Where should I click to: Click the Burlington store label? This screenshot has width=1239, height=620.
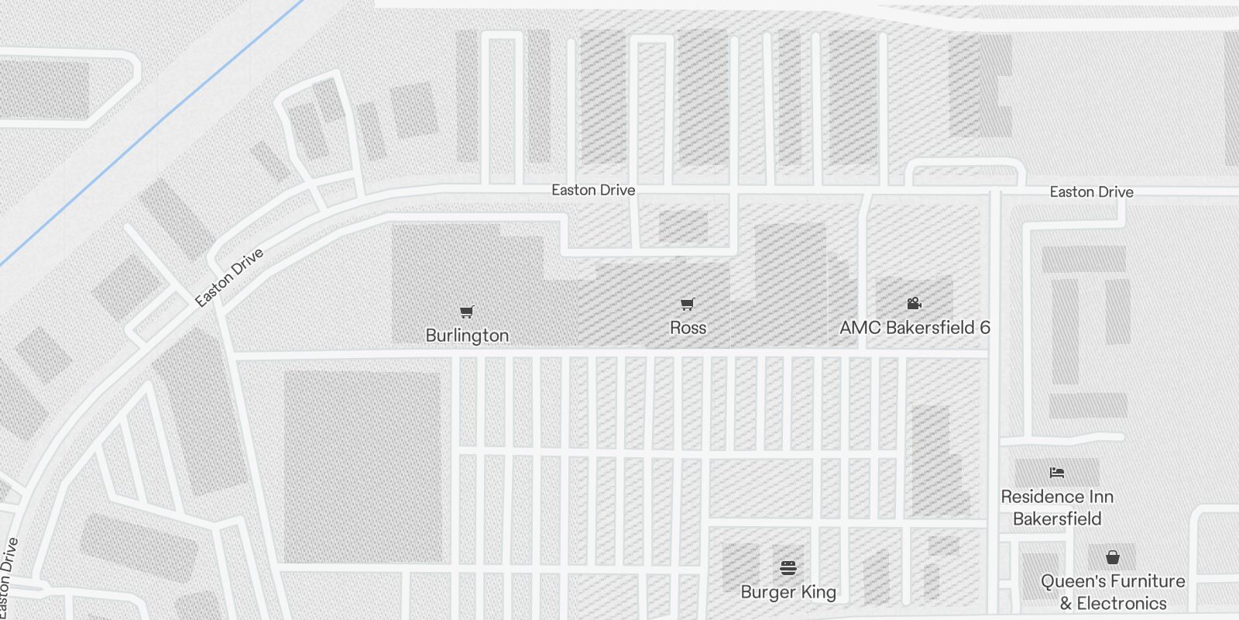click(x=467, y=336)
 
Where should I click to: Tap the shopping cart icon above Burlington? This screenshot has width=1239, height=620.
click(x=466, y=312)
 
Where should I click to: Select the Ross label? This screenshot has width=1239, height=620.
click(x=688, y=328)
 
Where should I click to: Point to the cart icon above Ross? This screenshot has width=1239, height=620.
click(x=687, y=304)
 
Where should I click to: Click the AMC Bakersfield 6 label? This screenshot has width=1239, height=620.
click(x=915, y=328)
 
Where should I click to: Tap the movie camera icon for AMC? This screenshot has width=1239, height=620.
click(x=914, y=303)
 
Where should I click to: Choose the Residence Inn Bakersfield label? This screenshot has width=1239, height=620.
click(x=1057, y=508)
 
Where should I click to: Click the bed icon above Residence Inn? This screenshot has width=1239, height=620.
click(x=1057, y=472)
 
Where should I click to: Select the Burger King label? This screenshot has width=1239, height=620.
click(x=788, y=592)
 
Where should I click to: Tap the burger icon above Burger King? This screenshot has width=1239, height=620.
click(x=788, y=568)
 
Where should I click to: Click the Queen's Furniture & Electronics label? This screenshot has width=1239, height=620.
click(x=1113, y=592)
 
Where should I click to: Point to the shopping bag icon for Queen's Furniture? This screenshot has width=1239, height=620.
click(x=1113, y=557)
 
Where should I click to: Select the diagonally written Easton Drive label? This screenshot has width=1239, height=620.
click(x=228, y=277)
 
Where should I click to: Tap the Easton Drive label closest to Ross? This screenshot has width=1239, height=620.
click(x=593, y=190)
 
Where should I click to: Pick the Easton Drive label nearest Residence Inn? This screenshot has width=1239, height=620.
click(x=1091, y=192)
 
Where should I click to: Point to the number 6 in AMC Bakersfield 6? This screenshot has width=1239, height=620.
click(x=984, y=328)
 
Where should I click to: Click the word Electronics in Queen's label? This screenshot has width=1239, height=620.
click(x=1121, y=604)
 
